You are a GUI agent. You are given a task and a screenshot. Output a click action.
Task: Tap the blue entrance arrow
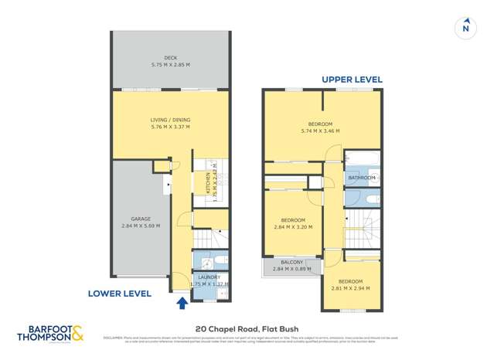tap(182, 304)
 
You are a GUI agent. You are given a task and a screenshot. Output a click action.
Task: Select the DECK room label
tap(170, 57)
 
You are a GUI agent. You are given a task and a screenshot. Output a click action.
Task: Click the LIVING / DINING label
tap(170, 120)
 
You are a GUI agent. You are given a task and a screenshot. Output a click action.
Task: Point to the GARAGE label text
tap(141, 219)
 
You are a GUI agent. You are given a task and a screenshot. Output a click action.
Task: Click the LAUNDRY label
tap(209, 277)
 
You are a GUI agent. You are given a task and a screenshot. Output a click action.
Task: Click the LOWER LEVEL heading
tap(119, 294)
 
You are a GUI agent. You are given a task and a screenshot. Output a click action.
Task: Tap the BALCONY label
tap(291, 263)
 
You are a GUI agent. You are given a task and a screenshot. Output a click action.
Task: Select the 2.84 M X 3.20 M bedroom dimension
tap(291, 227)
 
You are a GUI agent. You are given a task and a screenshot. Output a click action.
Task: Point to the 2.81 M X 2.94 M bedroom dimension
tap(350, 289)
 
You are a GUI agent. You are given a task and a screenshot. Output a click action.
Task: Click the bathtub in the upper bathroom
tap(361, 160)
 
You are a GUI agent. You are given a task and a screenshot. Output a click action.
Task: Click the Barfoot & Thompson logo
tap(51, 334)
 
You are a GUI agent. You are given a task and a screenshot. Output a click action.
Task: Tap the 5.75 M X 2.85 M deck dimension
tap(170, 64)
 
